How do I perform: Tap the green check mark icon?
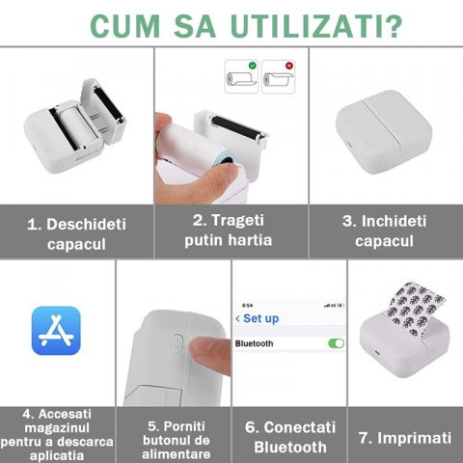coord(253,66)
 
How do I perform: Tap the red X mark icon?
coord(289,66)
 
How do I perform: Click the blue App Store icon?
coord(56,331)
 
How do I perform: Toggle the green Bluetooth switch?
coord(336,343)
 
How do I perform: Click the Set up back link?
coord(258,318)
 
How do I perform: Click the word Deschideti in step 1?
coord(86,224)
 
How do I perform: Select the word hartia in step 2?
coord(250,240)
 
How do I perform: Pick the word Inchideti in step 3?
coord(394,221)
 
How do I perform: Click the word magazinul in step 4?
coord(57,427)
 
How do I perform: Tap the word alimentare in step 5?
coord(177,454)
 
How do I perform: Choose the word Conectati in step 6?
coord(300,427)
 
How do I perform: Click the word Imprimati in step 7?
coord(414,438)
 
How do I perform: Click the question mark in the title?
coord(393,26)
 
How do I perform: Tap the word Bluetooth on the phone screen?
coord(254,343)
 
